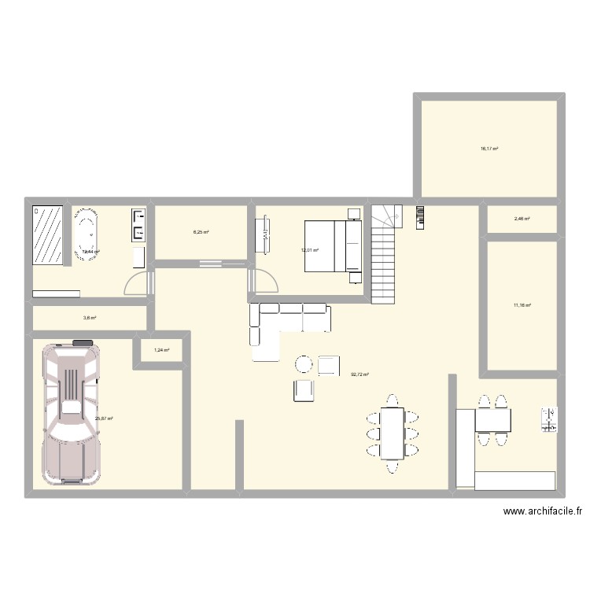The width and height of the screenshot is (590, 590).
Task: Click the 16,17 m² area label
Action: point(489,148)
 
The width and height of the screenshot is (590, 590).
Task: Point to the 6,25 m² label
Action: point(201,232)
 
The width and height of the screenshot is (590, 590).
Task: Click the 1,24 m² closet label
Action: point(162,350)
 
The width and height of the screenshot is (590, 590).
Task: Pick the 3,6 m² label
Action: point(90,318)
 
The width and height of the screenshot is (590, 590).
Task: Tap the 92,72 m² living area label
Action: point(360,374)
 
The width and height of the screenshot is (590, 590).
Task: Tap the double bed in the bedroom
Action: point(333,247)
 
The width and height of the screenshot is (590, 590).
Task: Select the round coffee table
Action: point(304,364)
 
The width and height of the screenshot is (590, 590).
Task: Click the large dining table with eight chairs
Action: point(391,433)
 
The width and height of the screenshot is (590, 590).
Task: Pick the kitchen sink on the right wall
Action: point(549,419)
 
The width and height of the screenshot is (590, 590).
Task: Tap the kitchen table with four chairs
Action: point(492,421)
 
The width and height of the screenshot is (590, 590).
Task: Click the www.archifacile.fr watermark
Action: point(544,511)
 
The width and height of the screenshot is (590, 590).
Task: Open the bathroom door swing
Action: point(137,282)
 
